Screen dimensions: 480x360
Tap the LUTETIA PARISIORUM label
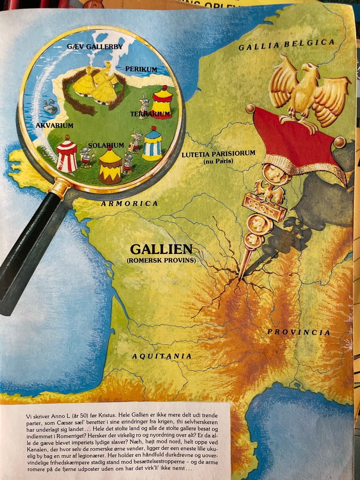click(218, 154)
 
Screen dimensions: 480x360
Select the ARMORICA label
click(129, 204)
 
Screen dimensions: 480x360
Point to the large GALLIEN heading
click(161, 249)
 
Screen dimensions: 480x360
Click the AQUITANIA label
click(162, 356)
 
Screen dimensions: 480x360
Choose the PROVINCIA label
click(298, 332)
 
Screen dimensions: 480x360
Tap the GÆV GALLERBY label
click(94, 46)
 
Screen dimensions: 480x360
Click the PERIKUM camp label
click(141, 69)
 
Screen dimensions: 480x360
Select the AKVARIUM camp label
click(54, 125)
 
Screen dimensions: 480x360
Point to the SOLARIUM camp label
click(106, 145)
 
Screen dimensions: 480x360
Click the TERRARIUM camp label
click(150, 113)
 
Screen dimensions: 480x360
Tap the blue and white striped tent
click(152, 144)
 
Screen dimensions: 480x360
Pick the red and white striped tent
click(67, 154)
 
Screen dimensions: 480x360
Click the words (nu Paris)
click(218, 162)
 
